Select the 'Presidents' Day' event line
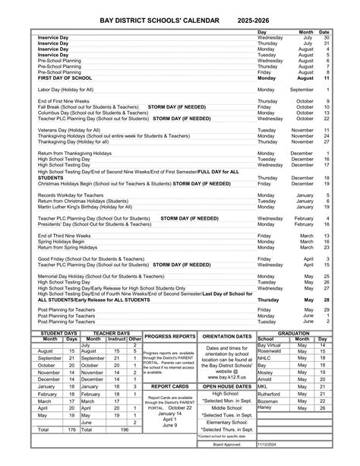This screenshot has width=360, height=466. [95, 224]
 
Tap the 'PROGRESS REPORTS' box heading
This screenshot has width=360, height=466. [169, 335]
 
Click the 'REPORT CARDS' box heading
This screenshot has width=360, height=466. [169, 386]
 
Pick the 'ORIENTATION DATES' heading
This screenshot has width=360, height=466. [227, 335]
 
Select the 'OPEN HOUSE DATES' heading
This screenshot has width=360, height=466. [227, 386]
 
